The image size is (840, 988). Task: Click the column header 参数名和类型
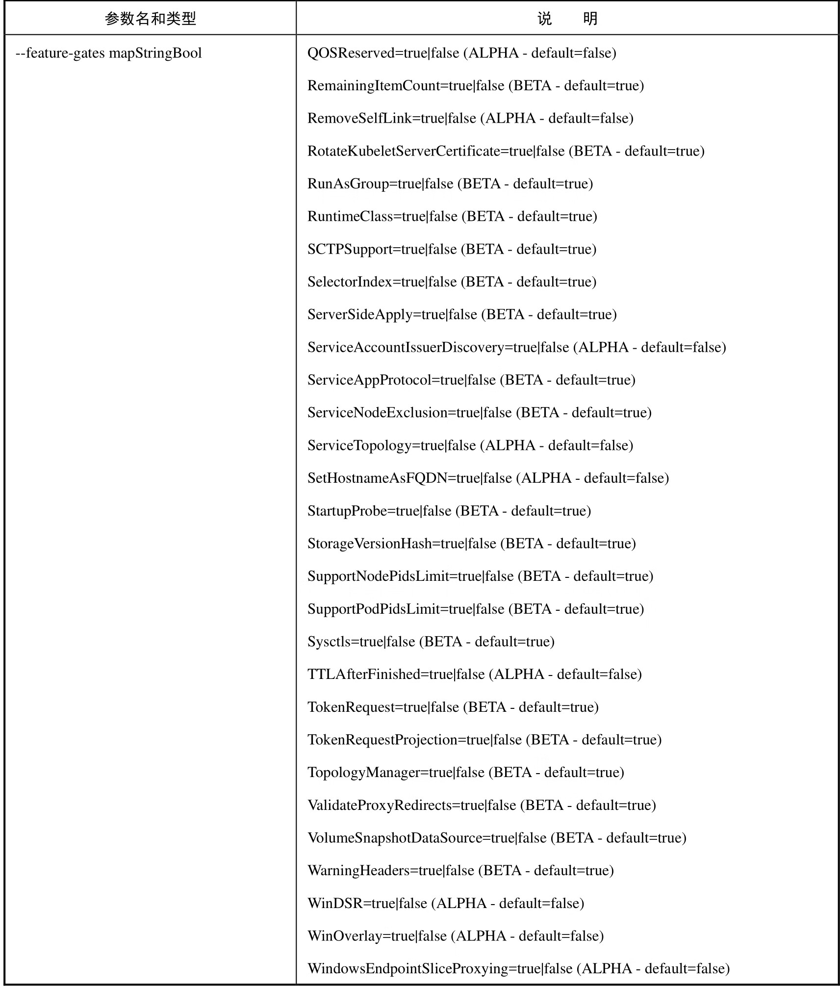point(150,19)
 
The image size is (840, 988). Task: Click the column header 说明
point(567,19)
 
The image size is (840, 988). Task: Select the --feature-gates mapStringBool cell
point(109,53)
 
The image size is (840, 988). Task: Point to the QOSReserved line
point(461,53)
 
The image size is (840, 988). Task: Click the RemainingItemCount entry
point(475,86)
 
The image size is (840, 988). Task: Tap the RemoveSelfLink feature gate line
point(470,118)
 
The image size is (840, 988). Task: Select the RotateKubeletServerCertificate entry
point(506,151)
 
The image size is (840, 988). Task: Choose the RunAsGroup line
point(450,184)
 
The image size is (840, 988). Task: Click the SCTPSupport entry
point(452,249)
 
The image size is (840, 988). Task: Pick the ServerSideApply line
point(462,314)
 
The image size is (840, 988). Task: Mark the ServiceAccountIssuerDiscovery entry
point(516,347)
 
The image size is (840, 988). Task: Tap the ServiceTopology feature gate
point(470,445)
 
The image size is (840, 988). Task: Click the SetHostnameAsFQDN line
point(488,478)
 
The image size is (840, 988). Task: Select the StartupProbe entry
point(449,511)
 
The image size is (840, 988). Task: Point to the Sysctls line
point(431,642)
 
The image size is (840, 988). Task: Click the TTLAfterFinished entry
point(474,674)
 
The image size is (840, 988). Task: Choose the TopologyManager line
point(465,772)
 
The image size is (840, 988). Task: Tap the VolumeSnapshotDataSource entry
point(497,838)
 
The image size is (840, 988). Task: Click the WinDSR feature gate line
point(446,903)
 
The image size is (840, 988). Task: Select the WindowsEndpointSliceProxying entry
point(518,968)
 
